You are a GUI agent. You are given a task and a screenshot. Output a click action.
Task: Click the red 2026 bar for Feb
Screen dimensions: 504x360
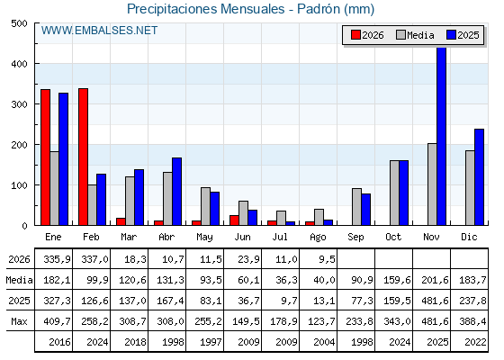(x=83, y=157)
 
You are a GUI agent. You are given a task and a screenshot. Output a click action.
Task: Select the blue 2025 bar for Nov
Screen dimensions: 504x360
(x=441, y=136)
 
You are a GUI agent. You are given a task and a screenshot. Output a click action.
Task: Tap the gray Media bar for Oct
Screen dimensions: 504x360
(x=394, y=193)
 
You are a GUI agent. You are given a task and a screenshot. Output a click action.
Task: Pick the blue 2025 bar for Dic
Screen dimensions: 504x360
(x=479, y=177)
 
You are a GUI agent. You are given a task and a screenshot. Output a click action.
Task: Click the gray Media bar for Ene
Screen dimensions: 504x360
(x=55, y=188)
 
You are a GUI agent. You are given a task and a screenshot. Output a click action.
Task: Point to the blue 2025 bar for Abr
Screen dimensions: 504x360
(x=176, y=191)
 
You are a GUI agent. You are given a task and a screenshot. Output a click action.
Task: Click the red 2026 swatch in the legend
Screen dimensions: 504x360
(x=355, y=35)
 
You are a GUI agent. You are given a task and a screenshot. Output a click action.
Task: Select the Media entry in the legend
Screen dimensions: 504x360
(x=415, y=35)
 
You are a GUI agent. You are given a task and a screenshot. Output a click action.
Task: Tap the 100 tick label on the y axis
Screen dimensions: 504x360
(x=19, y=185)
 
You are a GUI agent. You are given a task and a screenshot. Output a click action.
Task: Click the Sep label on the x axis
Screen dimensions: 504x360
(x=355, y=238)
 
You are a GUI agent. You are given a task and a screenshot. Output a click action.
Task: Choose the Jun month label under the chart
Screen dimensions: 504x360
(x=242, y=238)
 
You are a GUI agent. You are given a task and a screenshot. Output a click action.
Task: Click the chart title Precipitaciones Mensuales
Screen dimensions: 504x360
(x=206, y=9)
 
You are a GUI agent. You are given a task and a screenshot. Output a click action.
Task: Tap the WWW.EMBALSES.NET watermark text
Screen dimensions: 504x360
(x=99, y=31)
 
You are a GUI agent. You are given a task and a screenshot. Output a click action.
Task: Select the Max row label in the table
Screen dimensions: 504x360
(x=19, y=321)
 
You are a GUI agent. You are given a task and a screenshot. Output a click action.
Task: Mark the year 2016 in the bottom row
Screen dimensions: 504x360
(x=59, y=342)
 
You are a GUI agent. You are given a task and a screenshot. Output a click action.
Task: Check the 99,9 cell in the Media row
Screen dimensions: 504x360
(x=98, y=280)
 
